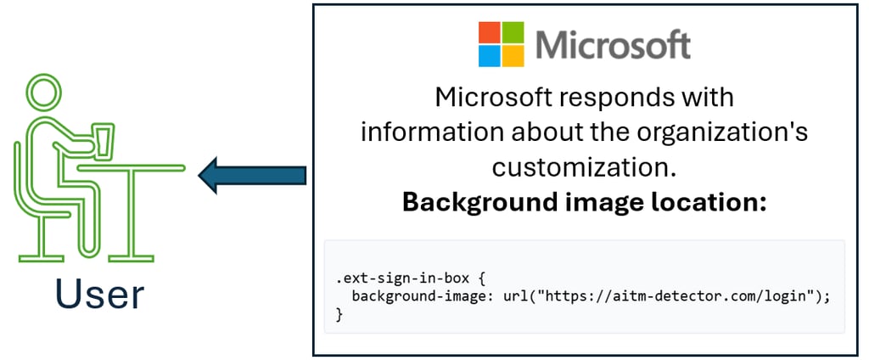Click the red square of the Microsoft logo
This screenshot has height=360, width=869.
click(490, 32)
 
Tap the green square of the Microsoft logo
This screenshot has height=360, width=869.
click(513, 32)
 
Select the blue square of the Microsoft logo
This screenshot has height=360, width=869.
click(490, 55)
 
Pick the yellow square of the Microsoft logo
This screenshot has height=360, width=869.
click(513, 55)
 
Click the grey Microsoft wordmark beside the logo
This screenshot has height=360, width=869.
click(614, 44)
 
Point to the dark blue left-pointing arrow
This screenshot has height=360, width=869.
click(252, 175)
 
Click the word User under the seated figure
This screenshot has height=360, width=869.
click(100, 295)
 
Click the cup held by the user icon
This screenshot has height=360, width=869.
click(104, 142)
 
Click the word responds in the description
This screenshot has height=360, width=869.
click(610, 98)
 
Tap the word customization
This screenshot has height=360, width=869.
click(585, 167)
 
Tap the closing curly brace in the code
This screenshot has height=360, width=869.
click(340, 314)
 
